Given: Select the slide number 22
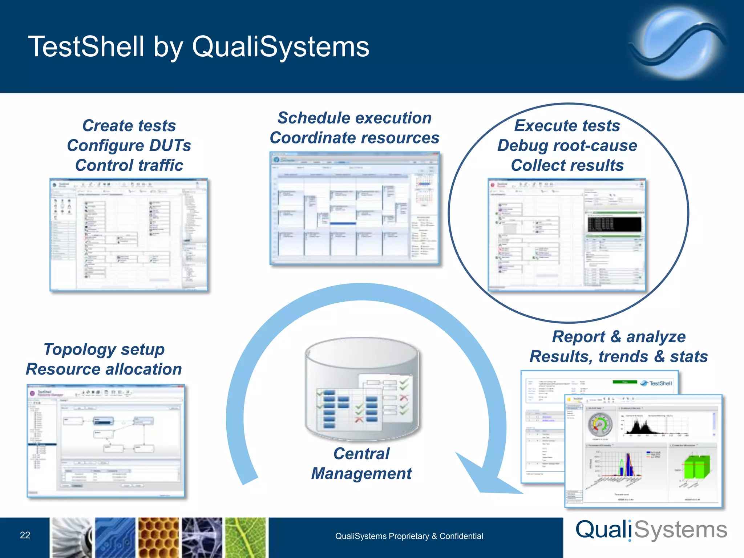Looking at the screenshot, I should coord(25,535).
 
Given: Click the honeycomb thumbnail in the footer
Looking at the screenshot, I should coord(159,538).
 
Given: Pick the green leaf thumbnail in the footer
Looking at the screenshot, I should coord(246,538).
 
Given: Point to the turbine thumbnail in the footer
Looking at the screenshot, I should coord(71,538).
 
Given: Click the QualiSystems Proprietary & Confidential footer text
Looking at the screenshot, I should coord(409,536).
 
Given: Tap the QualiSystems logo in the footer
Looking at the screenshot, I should coord(651,530).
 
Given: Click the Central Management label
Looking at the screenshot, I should coord(361,464).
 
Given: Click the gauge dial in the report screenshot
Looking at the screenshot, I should coord(600,425).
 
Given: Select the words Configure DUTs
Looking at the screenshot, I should coord(129,145).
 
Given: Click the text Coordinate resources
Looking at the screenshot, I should coord(354,138).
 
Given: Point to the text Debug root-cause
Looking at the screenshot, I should coord(567,145).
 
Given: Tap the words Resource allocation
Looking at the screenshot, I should coord(104,369).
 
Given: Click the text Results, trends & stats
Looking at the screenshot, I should coord(619,356).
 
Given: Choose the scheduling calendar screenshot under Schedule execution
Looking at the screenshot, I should coord(355,208).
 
